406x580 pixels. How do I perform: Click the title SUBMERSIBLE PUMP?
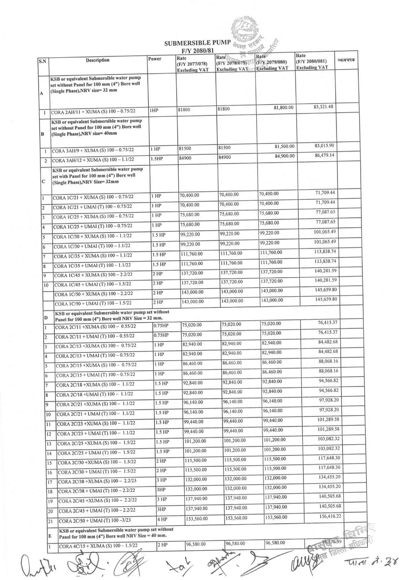(197, 43)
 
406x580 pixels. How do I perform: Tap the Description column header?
(98, 60)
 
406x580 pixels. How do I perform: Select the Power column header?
(155, 59)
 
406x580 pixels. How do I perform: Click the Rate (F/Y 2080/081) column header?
(312, 61)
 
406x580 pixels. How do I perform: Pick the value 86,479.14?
(325, 155)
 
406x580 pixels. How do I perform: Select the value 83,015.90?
(325, 146)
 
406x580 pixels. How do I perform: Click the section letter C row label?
(43, 181)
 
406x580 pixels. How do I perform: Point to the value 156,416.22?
(330, 516)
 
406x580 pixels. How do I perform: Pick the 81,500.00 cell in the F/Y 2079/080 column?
(284, 147)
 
